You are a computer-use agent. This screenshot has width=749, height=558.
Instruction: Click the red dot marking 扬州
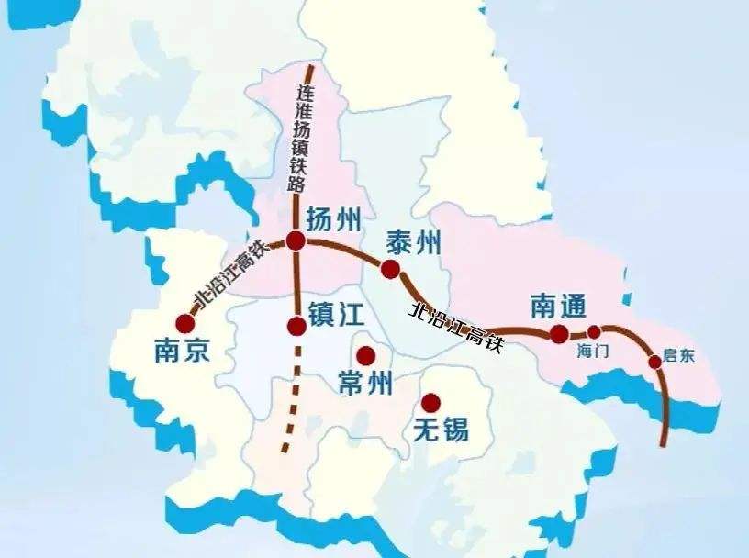point(296,240)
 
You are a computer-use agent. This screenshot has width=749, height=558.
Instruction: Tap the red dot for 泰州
point(391,269)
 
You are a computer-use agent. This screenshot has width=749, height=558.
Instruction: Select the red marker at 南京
point(186,323)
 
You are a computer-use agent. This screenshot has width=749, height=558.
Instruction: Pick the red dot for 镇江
point(296,326)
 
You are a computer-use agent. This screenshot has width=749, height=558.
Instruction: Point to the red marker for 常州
point(366,356)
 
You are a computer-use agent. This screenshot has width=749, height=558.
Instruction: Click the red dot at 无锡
point(430,402)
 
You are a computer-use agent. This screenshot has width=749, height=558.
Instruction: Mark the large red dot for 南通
point(559,334)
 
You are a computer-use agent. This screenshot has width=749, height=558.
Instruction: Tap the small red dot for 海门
point(594,332)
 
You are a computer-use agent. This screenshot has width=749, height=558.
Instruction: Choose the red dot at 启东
point(654,362)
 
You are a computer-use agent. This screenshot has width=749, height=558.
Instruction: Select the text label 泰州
point(414,242)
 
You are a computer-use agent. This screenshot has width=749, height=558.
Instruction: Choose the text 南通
point(558,307)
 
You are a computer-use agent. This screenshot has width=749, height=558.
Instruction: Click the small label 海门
point(593,351)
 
